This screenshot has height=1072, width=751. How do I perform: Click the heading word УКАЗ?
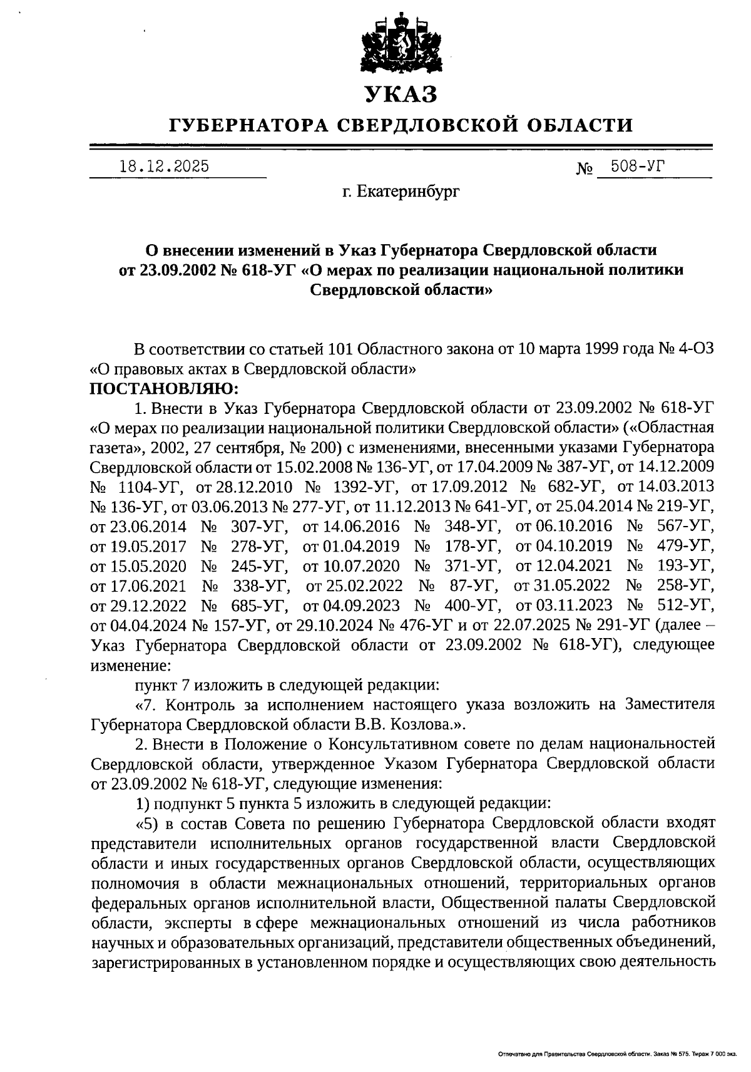point(401,94)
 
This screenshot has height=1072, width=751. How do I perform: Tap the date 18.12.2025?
point(164,167)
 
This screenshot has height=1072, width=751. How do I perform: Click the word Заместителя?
point(669,704)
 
